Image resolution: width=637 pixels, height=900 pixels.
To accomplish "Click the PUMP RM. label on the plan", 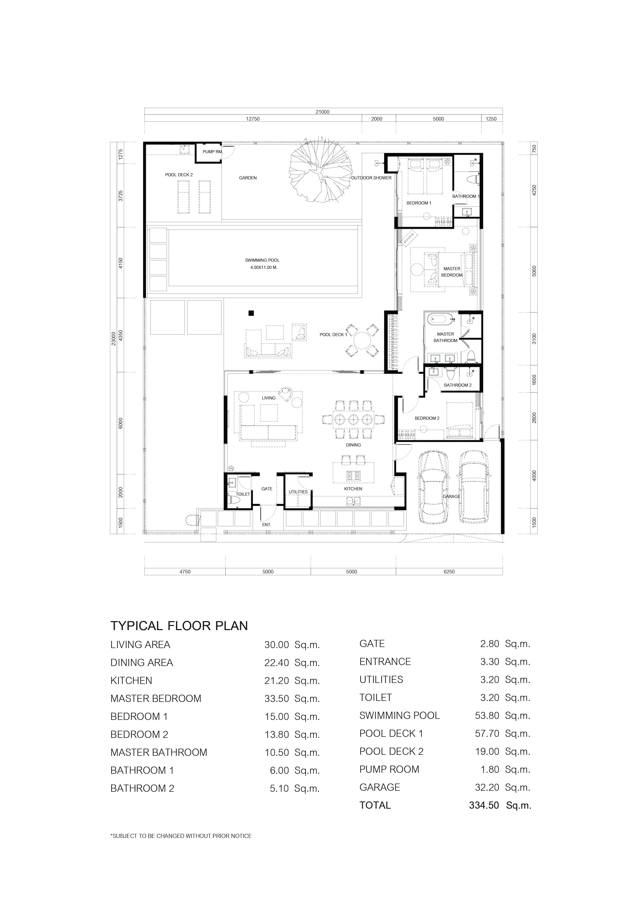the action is (x=213, y=152).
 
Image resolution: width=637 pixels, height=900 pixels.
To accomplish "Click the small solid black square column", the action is (x=251, y=313).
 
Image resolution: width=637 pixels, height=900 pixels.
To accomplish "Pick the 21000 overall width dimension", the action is (x=322, y=112).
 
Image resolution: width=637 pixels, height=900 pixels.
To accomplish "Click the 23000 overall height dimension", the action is (x=113, y=338).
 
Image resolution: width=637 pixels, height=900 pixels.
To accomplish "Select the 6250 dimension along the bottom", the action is (x=449, y=572).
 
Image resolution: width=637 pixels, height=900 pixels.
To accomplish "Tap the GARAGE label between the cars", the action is (x=451, y=496).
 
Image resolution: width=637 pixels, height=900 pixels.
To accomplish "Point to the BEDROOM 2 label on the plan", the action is (x=427, y=418).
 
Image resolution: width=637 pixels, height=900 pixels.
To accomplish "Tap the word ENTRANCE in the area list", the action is (x=385, y=662).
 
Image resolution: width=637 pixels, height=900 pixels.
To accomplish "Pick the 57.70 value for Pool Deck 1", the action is (x=487, y=733).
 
